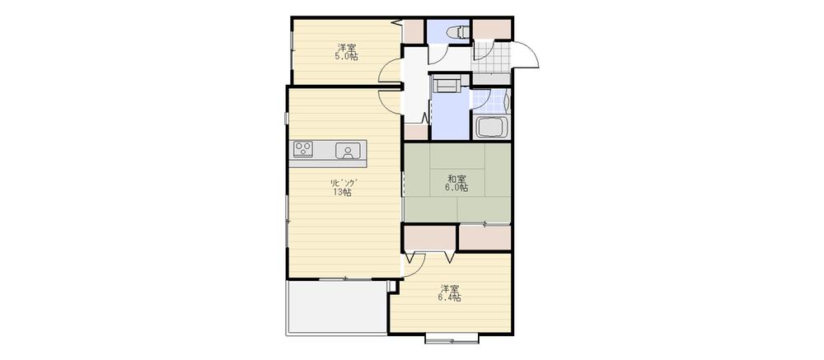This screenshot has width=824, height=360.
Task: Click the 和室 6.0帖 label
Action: coord(457,183)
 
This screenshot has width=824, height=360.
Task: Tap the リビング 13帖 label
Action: coord(342,187)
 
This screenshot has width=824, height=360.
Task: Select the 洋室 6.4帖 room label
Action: coord(449,293)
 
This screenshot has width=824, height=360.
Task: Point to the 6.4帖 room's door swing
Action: coord(414,263)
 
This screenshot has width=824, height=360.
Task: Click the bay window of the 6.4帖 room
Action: coord(452,338)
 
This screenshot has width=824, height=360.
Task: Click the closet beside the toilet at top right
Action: coord(491,28)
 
